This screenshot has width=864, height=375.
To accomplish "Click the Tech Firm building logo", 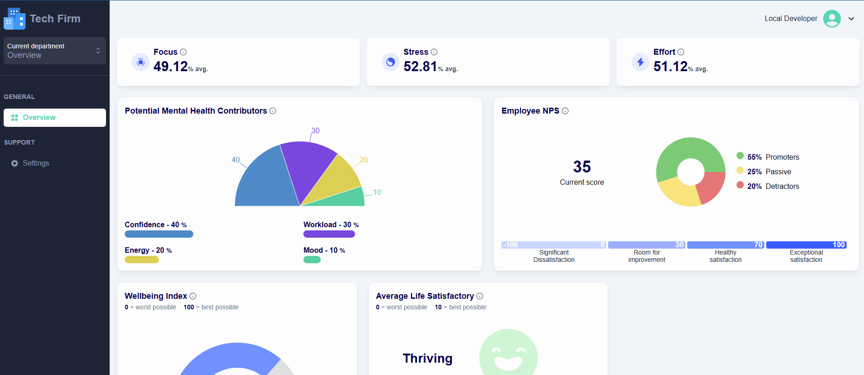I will pyautogui.click(x=14, y=19).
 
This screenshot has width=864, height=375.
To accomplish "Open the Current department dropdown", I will pyautogui.click(x=55, y=51).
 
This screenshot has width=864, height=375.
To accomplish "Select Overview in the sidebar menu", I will pyautogui.click(x=55, y=118).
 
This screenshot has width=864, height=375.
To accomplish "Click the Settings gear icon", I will pyautogui.click(x=15, y=163).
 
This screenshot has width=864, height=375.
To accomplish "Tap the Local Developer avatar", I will pyautogui.click(x=832, y=19).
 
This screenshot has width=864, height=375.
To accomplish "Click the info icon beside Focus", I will pyautogui.click(x=183, y=52).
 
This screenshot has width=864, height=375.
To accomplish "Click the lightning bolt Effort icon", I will pyautogui.click(x=640, y=62).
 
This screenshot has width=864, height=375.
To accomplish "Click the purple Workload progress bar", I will pyautogui.click(x=329, y=234).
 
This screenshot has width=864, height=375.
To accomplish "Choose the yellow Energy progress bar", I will pyautogui.click(x=142, y=260).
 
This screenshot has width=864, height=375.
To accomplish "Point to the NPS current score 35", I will pyautogui.click(x=582, y=167).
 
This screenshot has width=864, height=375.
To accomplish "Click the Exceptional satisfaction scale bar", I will pyautogui.click(x=806, y=245).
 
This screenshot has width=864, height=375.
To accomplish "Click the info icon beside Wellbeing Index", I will pyautogui.click(x=193, y=296).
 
